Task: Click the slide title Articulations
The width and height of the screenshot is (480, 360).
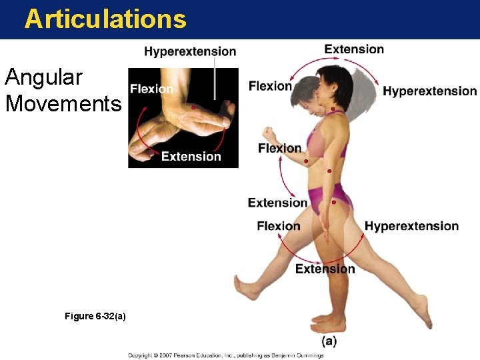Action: tap(105, 19)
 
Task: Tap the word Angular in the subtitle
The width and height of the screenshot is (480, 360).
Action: tap(43, 78)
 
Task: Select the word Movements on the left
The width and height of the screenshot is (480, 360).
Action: tap(63, 104)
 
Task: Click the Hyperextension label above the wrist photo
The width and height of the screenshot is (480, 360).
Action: tap(190, 51)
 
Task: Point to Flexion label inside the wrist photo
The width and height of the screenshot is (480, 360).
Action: tap(151, 89)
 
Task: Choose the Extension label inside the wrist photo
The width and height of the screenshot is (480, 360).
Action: tap(191, 157)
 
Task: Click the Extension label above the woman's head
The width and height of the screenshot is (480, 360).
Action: tap(354, 49)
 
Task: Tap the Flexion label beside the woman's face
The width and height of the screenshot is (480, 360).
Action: tap(270, 85)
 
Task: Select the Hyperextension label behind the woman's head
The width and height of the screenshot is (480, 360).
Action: tap(429, 91)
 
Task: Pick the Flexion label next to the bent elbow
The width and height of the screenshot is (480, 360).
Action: tap(279, 148)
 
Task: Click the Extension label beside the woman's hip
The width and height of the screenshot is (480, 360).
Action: tap(277, 203)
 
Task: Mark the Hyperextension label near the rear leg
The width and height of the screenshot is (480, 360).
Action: tap(411, 226)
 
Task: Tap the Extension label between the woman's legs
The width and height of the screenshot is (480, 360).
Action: tap(325, 269)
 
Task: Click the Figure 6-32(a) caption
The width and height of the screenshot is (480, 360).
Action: tap(95, 316)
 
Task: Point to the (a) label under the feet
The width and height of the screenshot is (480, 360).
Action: tap(329, 341)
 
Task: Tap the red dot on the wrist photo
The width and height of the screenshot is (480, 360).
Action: tap(193, 107)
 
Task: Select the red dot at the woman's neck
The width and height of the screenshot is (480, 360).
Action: tap(333, 109)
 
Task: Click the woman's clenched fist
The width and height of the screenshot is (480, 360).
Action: tap(269, 133)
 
